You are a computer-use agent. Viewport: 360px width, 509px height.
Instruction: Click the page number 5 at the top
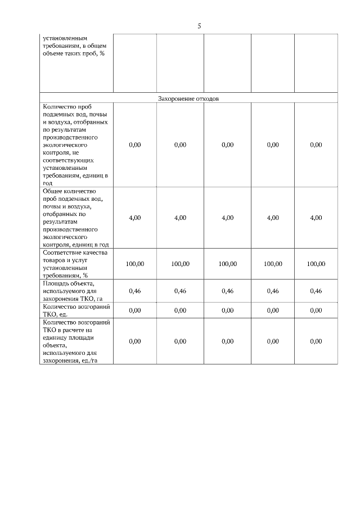click(x=199, y=26)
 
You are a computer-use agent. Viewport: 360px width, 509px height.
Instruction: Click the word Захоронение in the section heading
click(x=175, y=98)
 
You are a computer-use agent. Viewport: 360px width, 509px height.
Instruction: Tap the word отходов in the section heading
click(x=206, y=98)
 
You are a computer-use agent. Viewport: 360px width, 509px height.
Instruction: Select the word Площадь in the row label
click(x=55, y=283)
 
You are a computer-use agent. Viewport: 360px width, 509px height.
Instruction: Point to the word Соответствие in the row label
click(x=61, y=253)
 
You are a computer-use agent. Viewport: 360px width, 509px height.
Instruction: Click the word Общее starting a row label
click(x=53, y=191)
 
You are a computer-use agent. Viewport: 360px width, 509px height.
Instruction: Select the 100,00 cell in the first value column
click(x=134, y=264)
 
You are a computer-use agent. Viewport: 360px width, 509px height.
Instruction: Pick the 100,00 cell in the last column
click(x=316, y=264)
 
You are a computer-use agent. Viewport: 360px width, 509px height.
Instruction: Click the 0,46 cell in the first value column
click(x=134, y=291)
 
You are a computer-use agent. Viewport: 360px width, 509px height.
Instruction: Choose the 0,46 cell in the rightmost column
click(x=316, y=291)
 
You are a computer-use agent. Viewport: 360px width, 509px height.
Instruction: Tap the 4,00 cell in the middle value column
click(x=227, y=218)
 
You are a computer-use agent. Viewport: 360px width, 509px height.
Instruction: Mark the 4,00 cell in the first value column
click(x=134, y=218)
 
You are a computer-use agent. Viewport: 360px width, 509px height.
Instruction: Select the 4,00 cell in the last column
click(x=316, y=218)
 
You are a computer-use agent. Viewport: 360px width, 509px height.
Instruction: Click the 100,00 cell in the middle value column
click(x=227, y=264)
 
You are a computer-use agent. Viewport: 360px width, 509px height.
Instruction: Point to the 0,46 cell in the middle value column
click(x=227, y=291)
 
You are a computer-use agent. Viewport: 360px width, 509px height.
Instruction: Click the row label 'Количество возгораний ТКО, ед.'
click(x=75, y=310)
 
